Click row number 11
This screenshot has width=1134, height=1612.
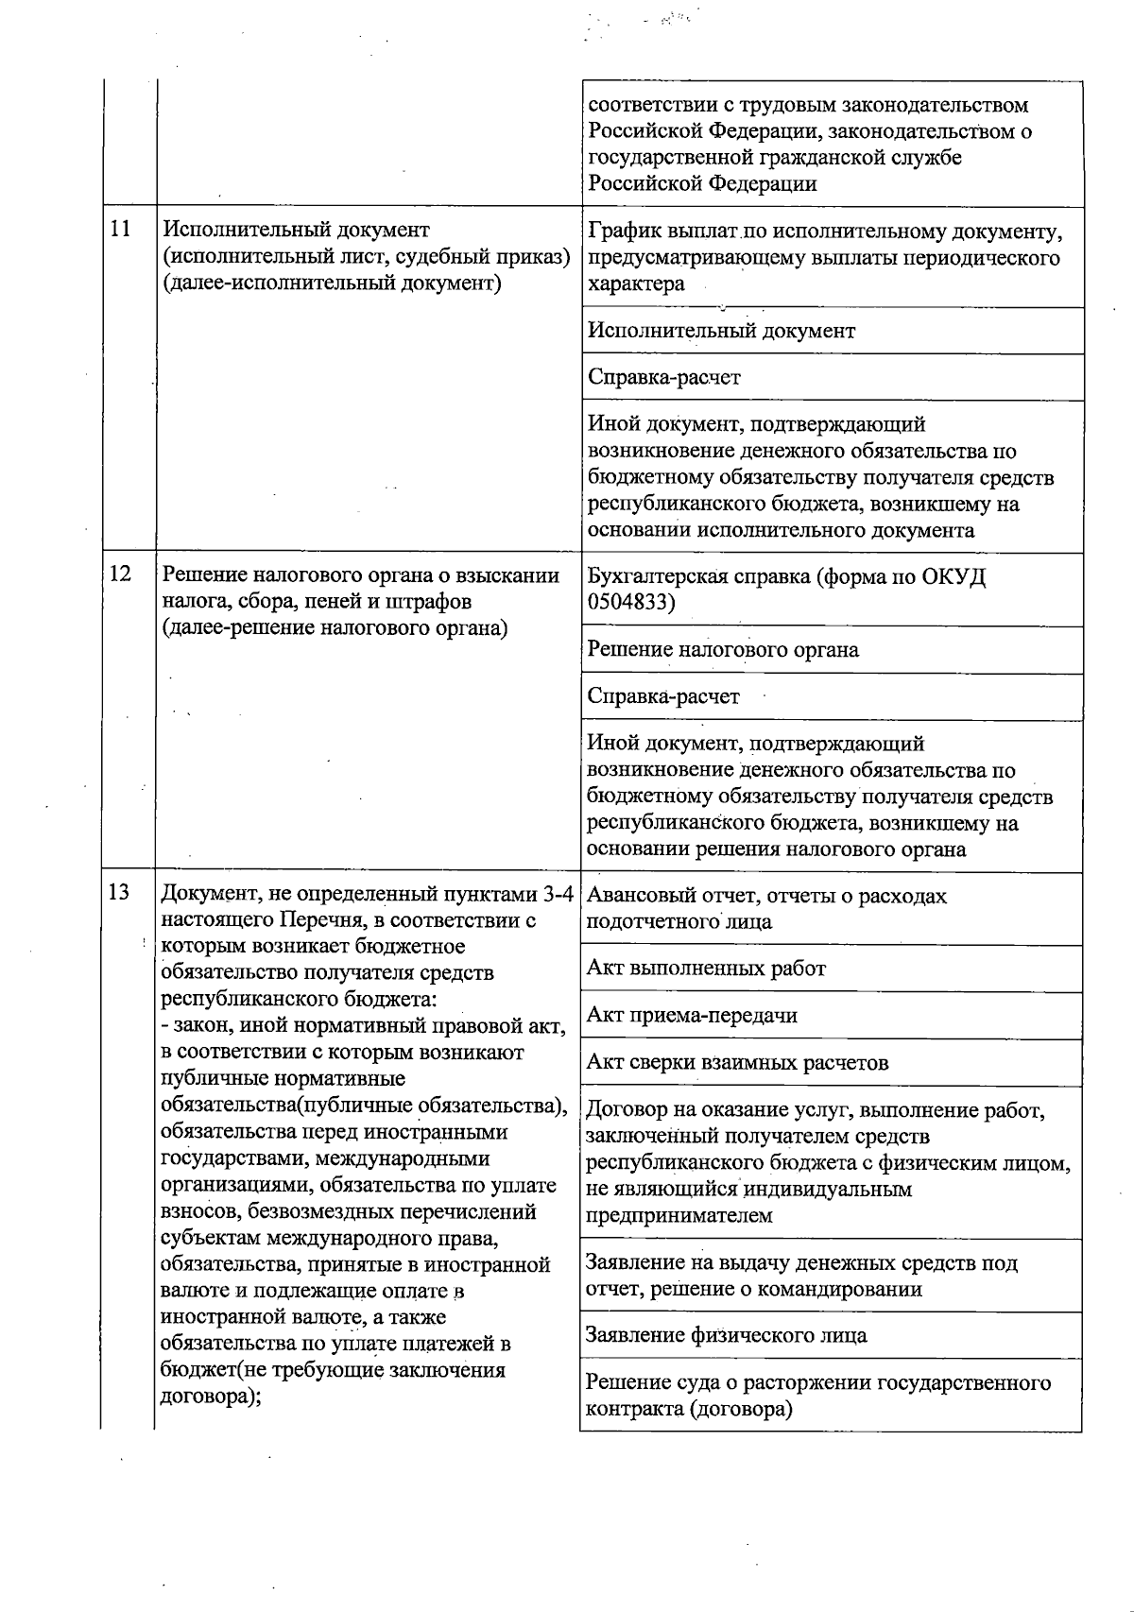(120, 230)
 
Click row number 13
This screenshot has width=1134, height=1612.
(119, 893)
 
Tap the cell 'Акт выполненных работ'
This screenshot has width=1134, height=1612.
(706, 969)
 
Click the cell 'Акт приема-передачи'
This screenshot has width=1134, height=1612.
(692, 1016)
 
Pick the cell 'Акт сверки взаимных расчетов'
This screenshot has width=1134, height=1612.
(737, 1063)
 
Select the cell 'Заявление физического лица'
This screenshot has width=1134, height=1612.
(726, 1335)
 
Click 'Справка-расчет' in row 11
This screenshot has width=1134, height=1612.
(663, 377)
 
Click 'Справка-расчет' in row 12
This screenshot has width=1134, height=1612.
(663, 696)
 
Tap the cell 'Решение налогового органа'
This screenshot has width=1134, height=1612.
(723, 649)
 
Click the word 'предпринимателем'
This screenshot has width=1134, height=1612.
(679, 1216)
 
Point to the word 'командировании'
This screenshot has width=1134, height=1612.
(845, 1290)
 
